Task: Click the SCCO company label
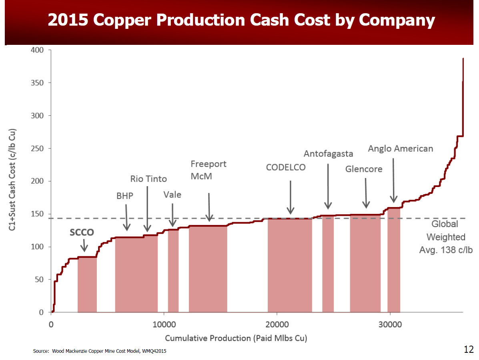pos(82,232)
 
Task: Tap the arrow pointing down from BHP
pos(126,217)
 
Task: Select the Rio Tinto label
pos(148,179)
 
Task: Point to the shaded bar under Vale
pos(173,271)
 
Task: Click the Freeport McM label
pos(208,170)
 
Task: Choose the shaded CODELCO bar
pos(290,265)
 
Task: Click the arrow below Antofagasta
pos(328,187)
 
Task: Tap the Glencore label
pos(364,169)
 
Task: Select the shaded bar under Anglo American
pos(394,260)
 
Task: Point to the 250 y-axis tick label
pos(37,148)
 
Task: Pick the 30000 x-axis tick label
pos(390,324)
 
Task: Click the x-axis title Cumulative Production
pos(236,338)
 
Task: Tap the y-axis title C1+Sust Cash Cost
pos(12,180)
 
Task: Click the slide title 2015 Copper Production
pos(241,20)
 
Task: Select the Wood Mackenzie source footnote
pos(100,351)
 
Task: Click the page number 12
pos(469,349)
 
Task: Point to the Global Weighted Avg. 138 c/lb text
pos(446,237)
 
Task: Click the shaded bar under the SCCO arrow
pos(87,284)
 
